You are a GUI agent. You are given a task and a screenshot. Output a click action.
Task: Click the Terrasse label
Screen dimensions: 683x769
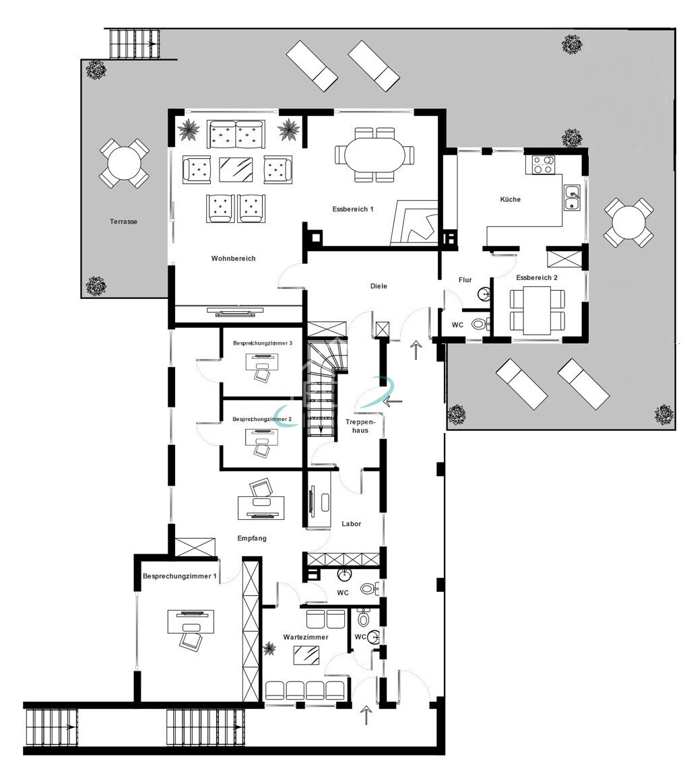click(123, 222)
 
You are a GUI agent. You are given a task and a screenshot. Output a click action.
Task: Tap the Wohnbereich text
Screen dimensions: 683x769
click(234, 259)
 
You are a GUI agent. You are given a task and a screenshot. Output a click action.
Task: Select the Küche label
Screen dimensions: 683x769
click(511, 199)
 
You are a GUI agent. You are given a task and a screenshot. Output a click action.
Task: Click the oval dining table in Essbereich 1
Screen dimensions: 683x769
click(375, 155)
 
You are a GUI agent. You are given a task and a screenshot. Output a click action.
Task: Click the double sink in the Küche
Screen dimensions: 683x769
click(572, 198)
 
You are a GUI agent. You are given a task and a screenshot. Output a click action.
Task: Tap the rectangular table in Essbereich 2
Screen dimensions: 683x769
click(538, 310)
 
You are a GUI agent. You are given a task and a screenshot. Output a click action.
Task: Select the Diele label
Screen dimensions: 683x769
click(379, 286)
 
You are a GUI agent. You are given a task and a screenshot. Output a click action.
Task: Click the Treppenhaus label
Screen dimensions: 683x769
click(360, 426)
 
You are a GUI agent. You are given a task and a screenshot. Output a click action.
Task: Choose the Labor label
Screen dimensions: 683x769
click(352, 524)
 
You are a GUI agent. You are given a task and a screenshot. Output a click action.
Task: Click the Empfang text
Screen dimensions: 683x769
click(252, 538)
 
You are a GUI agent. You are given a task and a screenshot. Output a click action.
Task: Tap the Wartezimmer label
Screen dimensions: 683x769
click(306, 637)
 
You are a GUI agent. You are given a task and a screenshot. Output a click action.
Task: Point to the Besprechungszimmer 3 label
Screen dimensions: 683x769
click(263, 343)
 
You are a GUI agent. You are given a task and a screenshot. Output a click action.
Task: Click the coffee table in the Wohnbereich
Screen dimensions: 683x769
click(236, 170)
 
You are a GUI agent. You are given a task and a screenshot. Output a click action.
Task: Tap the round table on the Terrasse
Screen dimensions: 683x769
click(124, 164)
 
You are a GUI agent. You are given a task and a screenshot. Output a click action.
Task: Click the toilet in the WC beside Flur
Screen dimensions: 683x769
click(479, 324)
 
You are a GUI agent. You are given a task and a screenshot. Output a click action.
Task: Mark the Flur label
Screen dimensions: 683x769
click(465, 280)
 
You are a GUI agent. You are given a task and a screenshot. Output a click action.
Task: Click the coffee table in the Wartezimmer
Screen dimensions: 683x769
click(306, 655)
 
